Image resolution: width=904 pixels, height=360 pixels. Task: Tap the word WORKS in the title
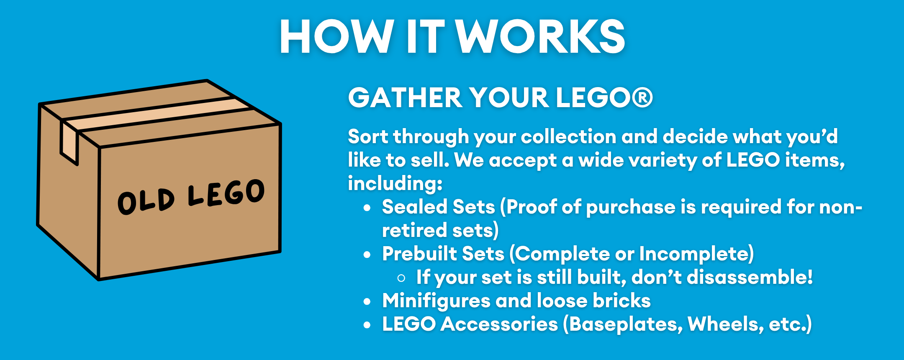coord(540,36)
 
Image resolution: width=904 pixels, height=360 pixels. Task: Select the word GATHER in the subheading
coord(405,98)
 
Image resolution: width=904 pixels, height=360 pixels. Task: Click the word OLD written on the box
coord(146,201)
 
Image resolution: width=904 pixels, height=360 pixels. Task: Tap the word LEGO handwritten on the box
coord(226,193)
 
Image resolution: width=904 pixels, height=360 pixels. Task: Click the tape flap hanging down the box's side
coord(69,142)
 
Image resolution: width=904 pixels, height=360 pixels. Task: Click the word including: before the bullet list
coord(395,184)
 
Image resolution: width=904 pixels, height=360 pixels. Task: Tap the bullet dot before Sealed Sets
coord(367,208)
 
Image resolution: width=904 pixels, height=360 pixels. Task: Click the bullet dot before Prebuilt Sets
coord(367,255)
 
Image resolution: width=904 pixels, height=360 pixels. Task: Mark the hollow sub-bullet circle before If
coord(401,278)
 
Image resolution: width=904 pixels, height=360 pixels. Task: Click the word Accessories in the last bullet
coord(499,324)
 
